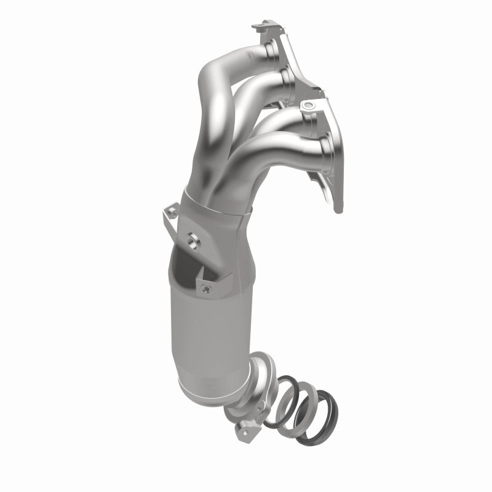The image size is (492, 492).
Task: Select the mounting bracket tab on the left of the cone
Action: (170, 216)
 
